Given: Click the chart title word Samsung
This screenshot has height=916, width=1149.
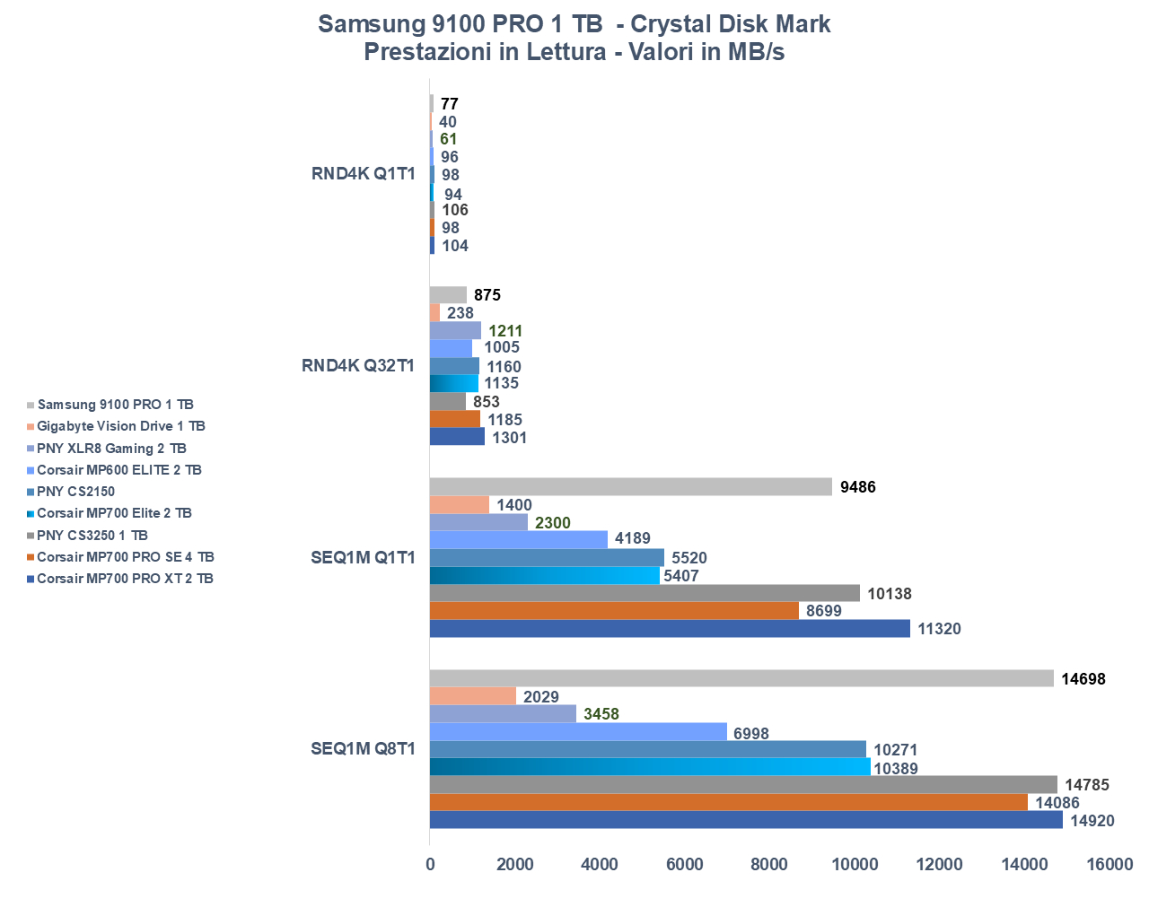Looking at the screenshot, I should [364, 23].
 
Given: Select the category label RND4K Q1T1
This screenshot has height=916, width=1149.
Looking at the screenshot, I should [364, 174].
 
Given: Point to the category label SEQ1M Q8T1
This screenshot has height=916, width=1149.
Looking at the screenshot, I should [364, 749].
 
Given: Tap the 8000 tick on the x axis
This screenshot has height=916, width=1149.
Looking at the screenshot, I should [769, 865].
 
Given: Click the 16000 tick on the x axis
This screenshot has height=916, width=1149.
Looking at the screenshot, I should [1110, 865].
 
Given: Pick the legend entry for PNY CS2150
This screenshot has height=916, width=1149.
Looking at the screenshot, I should [75, 492].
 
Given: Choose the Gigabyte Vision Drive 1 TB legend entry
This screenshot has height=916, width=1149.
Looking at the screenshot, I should [121, 426].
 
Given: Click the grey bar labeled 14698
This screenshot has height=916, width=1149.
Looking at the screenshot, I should [741, 678].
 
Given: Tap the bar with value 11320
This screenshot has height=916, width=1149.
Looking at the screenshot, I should [670, 628].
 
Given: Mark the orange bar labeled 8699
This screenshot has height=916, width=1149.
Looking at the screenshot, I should [614, 611].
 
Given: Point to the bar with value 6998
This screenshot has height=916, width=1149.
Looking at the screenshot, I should [578, 732].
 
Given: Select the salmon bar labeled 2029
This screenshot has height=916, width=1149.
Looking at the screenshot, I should [473, 696].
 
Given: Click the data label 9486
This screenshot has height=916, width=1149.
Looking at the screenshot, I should [857, 487].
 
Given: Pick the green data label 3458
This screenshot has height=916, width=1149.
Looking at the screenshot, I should [601, 714].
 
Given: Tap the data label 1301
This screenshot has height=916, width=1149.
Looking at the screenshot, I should [509, 438].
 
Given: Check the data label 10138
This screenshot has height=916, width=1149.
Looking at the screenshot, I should [890, 594].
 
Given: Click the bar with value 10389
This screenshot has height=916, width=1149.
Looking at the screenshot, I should [650, 767].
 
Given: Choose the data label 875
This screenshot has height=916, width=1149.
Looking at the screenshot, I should [487, 295].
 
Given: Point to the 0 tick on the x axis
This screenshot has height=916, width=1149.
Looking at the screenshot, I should [430, 865].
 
